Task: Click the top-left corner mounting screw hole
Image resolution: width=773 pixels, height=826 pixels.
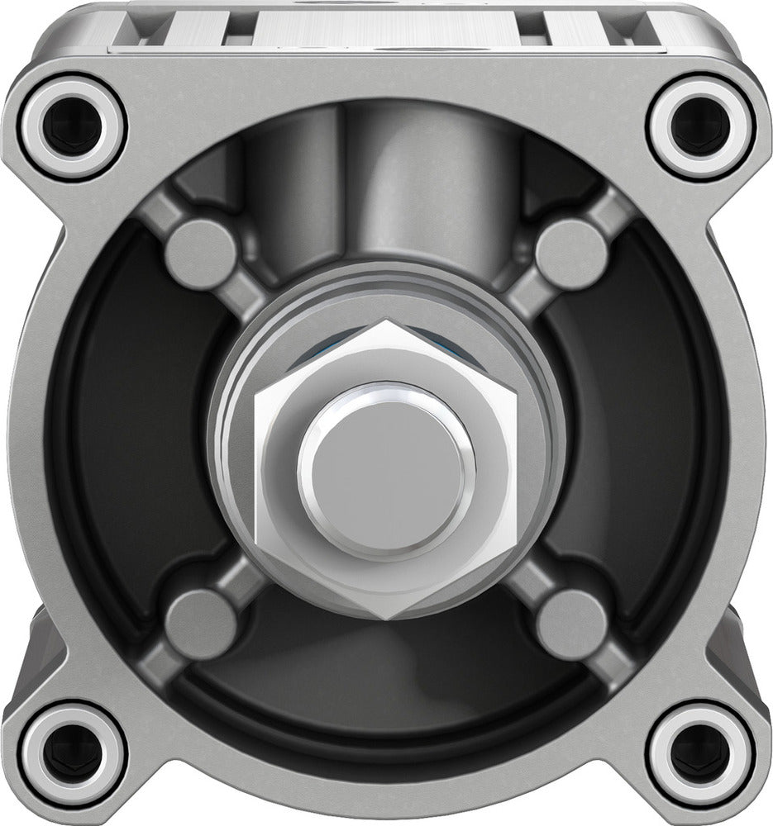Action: (x=73, y=126)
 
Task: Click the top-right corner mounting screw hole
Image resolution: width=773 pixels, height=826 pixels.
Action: (x=700, y=126)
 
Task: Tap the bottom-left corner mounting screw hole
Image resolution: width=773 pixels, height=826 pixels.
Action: (x=73, y=753)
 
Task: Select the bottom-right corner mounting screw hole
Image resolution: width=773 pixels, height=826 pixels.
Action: (x=700, y=753)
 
